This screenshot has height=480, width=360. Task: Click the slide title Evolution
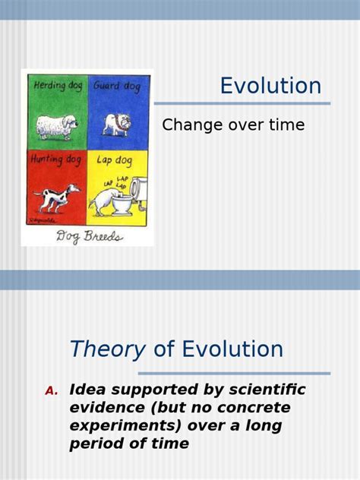270,86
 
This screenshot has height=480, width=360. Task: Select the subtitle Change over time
233,125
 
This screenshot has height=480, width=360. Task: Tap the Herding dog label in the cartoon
57,86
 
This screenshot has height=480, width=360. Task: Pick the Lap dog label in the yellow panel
115,160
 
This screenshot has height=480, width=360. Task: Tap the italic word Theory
107,349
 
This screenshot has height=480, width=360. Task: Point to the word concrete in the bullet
250,408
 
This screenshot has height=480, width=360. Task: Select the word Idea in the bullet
85,390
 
